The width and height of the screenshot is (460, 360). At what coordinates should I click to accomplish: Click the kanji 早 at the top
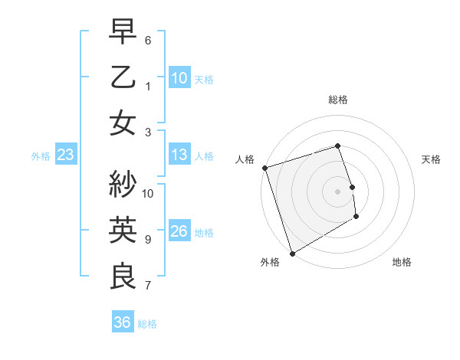123,32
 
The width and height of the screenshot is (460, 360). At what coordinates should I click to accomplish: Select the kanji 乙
123,77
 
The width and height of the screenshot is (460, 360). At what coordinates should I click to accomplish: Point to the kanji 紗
123,185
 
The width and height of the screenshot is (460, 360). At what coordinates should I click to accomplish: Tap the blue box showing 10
179,78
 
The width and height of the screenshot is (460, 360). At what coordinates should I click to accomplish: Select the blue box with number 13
179,155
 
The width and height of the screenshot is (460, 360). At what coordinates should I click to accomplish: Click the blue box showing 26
179,232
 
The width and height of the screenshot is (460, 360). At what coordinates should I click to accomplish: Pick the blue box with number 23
65,155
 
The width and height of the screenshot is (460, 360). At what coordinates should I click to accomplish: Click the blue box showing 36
122,323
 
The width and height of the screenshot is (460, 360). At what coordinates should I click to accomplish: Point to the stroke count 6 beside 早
148,40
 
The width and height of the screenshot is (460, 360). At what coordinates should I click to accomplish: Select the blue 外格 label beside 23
41,156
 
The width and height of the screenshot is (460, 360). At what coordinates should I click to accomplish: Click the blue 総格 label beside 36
147,324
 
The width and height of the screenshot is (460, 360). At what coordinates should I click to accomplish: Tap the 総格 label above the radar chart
337,100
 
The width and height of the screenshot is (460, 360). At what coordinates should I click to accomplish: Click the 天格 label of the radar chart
432,159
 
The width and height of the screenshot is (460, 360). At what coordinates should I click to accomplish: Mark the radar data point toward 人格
264,168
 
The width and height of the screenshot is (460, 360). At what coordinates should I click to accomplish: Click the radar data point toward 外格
292,254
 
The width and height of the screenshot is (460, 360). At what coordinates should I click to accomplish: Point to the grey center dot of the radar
337,191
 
